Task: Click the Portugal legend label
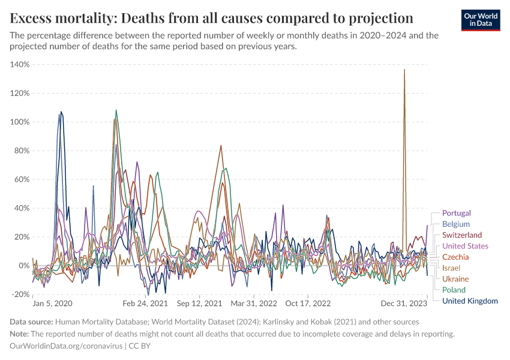click(x=456, y=213)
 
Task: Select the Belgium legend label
click(x=455, y=224)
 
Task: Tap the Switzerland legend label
click(x=461, y=235)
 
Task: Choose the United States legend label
click(x=465, y=246)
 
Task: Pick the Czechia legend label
click(x=455, y=257)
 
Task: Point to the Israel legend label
click(x=451, y=268)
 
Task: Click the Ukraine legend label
click(x=455, y=279)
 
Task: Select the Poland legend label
click(x=454, y=290)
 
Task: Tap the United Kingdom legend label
click(x=470, y=301)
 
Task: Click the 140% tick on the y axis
click(x=20, y=64)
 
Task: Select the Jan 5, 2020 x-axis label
click(x=52, y=304)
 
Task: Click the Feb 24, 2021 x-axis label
click(x=145, y=304)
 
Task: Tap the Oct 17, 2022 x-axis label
click(x=308, y=304)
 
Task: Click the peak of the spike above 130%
click(x=404, y=70)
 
